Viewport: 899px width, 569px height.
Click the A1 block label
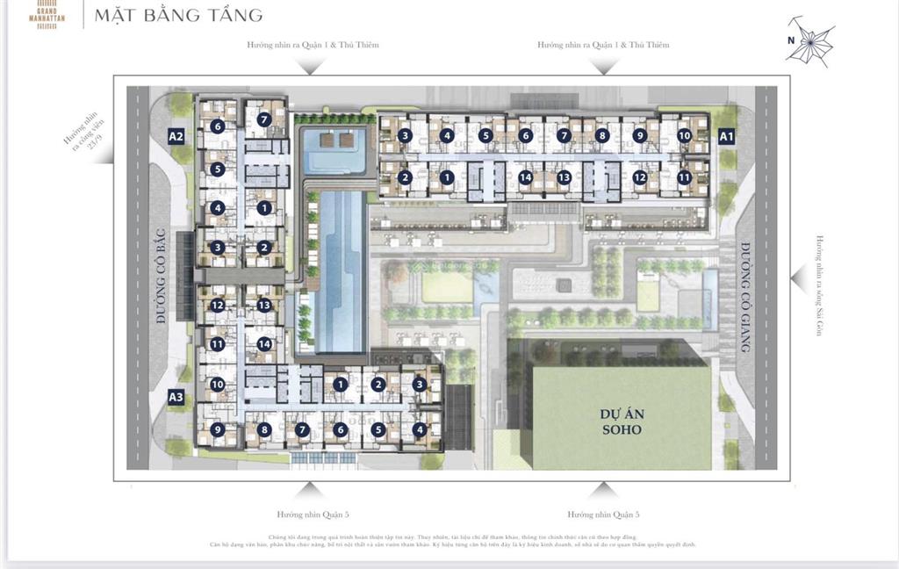pos(726,136)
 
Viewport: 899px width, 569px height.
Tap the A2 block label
pos(176,136)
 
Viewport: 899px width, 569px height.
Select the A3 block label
pos(176,397)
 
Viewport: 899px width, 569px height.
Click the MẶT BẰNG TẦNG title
pos(177,15)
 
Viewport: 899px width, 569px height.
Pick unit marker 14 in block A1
pos(525,177)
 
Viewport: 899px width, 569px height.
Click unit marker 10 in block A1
pos(685,136)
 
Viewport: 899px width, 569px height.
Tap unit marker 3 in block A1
pos(405,135)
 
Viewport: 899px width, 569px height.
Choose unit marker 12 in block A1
pos(640,177)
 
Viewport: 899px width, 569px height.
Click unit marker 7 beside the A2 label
pos(263,119)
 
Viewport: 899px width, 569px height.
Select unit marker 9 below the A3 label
pos(217,429)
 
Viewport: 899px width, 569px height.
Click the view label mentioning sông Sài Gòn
pos(819,286)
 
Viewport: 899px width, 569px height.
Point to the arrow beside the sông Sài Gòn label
pos(796,278)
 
